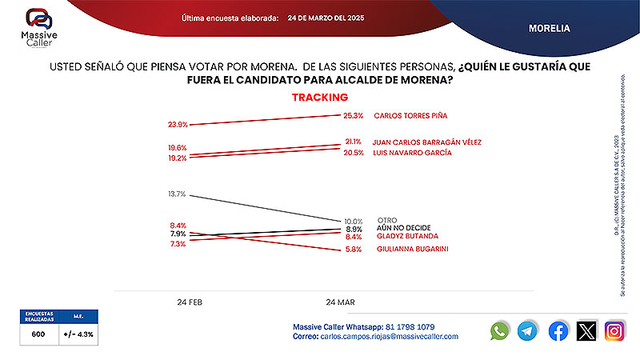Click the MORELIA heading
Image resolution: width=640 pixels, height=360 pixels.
(x=549, y=28)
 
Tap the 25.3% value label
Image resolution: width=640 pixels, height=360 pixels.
(x=353, y=115)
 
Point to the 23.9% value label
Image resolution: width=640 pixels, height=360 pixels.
(x=178, y=125)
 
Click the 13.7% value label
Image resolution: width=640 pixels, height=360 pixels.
(x=178, y=194)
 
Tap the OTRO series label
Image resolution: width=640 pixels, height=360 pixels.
(x=388, y=220)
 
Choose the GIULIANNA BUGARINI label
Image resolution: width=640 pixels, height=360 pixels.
(x=413, y=250)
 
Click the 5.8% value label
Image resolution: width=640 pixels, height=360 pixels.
(x=354, y=250)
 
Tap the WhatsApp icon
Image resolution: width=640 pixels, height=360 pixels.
(x=500, y=330)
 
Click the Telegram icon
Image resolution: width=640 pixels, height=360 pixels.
(x=527, y=330)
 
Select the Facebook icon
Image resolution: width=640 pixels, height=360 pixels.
(x=558, y=330)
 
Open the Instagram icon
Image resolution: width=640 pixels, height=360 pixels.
(x=614, y=330)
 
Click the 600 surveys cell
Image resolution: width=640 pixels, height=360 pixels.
(x=38, y=334)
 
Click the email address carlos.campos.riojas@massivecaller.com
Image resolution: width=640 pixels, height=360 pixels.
(x=388, y=337)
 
